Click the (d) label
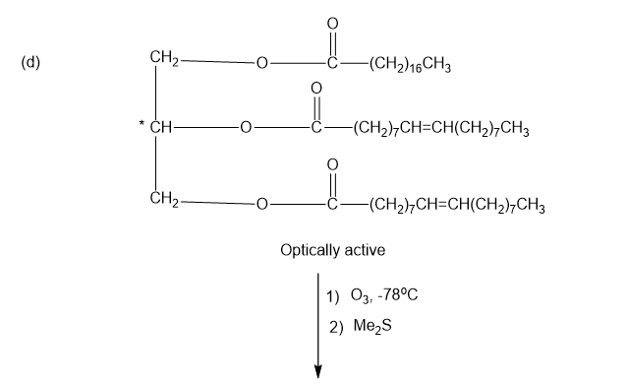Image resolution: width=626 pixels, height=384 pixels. [x=30, y=63]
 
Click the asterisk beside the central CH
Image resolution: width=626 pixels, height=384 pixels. [x=142, y=123]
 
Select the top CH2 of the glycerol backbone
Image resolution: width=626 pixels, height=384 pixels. [x=164, y=58]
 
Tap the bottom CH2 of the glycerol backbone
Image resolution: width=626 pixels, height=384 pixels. [x=164, y=199]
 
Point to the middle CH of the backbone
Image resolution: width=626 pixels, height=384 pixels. [x=160, y=128]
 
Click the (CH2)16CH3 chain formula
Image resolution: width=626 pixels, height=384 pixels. [x=410, y=64]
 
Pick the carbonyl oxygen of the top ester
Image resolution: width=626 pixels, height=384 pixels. [x=332, y=24]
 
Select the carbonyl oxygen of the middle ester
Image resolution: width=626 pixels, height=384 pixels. [x=316, y=88]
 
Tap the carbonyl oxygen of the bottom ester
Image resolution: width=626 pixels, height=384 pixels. [x=332, y=164]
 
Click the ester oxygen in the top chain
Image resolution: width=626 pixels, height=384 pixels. [x=261, y=63]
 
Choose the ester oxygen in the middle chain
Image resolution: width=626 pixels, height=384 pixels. [x=246, y=128]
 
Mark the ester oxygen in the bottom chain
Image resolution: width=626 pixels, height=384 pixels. [x=261, y=204]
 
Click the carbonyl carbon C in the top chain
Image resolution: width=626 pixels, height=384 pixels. [x=332, y=63]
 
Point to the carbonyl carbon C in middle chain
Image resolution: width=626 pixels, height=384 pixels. [x=316, y=128]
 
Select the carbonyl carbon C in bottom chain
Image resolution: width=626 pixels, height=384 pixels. [x=332, y=204]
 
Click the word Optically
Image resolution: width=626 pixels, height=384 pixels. [x=310, y=251]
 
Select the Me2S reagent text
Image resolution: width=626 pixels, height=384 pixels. [x=372, y=326]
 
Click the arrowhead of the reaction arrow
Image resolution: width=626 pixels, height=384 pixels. [x=318, y=371]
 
